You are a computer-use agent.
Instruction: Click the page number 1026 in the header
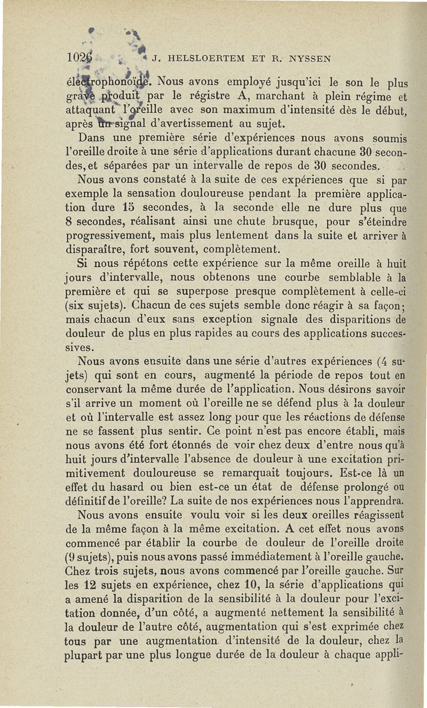[x=79, y=57]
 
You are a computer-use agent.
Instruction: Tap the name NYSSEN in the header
[x=310, y=57]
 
